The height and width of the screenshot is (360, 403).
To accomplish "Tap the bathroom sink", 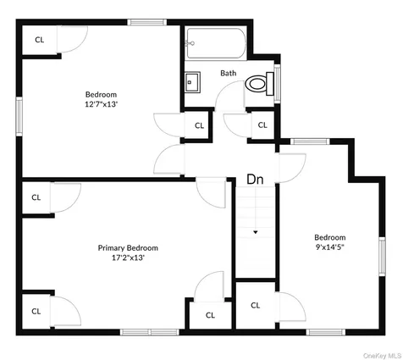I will [x=192, y=82].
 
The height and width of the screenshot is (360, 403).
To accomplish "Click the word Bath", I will [x=229, y=73].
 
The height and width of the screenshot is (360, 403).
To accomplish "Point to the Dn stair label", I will [x=255, y=180].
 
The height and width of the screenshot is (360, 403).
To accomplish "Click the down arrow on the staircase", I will [x=255, y=231].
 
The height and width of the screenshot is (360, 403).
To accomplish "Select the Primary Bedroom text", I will [x=128, y=247].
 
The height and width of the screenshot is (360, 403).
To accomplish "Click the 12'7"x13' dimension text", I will [x=101, y=104].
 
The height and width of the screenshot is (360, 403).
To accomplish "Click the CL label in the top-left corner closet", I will [x=39, y=39].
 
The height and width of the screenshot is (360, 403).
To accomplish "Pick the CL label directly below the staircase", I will [x=255, y=305].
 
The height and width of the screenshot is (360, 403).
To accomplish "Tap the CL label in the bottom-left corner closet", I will [x=36, y=311].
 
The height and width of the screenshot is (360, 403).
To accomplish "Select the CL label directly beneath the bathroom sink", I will [x=199, y=125].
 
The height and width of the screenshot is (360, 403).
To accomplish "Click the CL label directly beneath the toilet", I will [x=262, y=125].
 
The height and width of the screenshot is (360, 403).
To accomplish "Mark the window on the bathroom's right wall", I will [x=277, y=81].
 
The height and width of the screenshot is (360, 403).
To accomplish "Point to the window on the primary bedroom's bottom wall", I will [x=150, y=331].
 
